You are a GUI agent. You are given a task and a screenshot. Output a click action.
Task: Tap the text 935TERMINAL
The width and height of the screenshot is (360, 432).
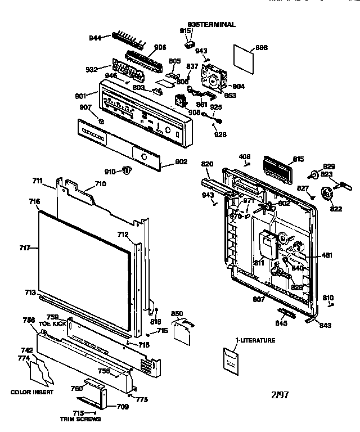pyautogui.click(x=211, y=25)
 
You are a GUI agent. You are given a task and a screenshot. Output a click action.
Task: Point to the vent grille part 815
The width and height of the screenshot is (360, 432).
pyautogui.click(x=277, y=166)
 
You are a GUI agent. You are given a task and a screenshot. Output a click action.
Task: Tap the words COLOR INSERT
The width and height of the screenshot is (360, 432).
pyautogui.click(x=32, y=392)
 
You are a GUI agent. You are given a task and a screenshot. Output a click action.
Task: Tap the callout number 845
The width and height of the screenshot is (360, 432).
pyautogui.click(x=280, y=323)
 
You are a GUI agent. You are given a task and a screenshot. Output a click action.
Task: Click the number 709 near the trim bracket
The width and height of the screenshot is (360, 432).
pyautogui.click(x=122, y=407)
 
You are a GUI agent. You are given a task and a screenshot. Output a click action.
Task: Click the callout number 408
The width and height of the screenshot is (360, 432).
pyautogui.click(x=245, y=157)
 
